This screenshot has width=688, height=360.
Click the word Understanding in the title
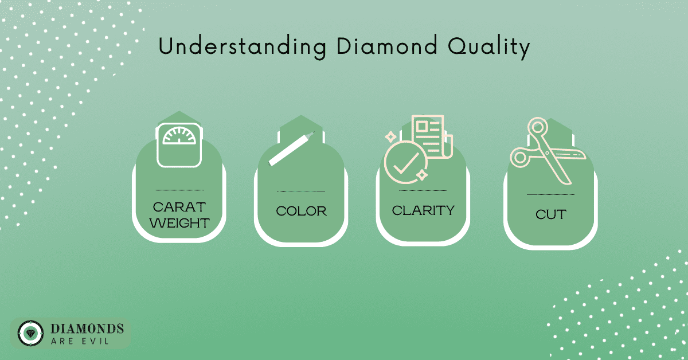242,46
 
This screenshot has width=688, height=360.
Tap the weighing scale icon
179,145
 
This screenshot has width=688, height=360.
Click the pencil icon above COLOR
291,148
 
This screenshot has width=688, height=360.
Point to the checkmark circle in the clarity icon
405,162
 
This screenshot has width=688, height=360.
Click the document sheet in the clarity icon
432,136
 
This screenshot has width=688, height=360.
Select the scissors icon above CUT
548,151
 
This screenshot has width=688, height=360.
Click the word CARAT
179,207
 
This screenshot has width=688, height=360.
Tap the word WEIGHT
179,223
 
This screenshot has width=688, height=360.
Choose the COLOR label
301,211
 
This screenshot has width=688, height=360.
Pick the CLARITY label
423,210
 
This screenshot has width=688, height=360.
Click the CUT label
551,214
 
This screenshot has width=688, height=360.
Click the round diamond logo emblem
30,333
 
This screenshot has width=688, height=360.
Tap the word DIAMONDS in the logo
87,328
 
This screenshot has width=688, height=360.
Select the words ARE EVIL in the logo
80,341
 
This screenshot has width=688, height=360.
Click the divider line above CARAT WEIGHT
179,190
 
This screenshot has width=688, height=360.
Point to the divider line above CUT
551,194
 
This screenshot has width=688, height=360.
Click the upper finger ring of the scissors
538,127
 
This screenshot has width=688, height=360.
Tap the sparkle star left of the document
390,136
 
